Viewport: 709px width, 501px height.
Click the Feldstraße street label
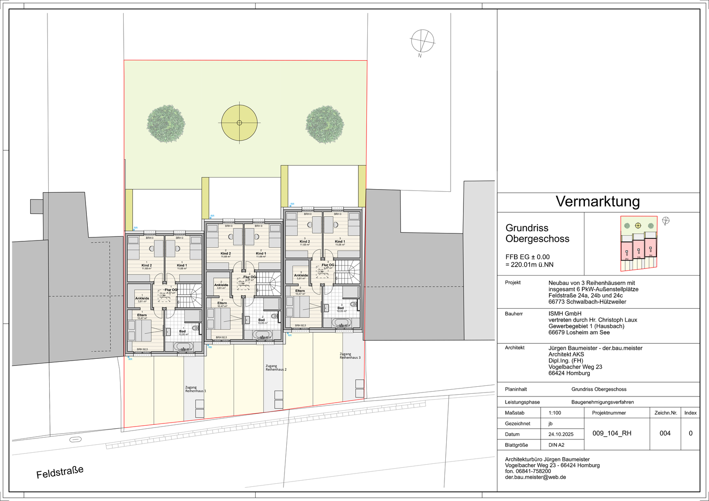(60, 472)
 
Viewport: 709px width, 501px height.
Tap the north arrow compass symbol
(422, 41)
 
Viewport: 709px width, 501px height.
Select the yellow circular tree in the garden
(239, 123)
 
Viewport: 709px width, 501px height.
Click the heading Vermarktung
(598, 202)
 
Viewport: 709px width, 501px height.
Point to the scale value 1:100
(555, 413)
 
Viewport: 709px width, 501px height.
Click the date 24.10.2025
(561, 434)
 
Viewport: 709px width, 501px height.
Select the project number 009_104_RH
(612, 433)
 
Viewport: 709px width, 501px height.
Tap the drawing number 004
(665, 433)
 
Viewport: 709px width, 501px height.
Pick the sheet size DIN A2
(557, 445)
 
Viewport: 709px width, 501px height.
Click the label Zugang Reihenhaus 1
(195, 389)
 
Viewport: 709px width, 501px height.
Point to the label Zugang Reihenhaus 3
(350, 356)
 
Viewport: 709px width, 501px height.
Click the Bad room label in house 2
(261, 320)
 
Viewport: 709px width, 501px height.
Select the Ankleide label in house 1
(142, 298)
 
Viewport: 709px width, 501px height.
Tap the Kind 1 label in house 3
(340, 241)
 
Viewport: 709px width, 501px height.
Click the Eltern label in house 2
(222, 303)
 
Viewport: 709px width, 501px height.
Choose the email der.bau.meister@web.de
(535, 477)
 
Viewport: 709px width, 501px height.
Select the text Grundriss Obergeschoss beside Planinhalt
(599, 389)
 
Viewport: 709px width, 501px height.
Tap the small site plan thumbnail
(639, 243)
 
